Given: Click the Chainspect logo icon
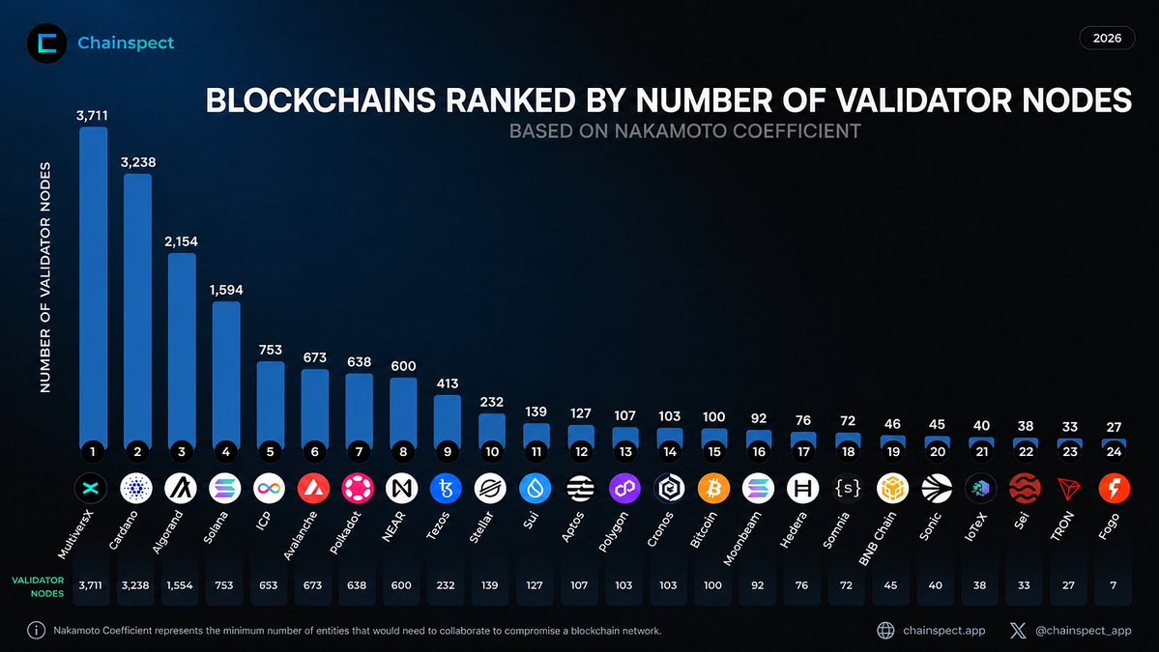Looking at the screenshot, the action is [46, 43].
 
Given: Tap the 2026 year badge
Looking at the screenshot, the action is [1107, 38].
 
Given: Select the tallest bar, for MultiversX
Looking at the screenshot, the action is [93, 287].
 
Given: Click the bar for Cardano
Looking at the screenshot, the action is [137, 311].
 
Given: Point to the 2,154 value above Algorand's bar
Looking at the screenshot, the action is [181, 241].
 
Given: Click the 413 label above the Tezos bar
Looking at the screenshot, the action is [448, 383].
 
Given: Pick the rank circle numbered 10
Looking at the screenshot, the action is [492, 451].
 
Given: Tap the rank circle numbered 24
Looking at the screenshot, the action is [1114, 451].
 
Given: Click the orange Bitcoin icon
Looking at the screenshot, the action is [713, 488].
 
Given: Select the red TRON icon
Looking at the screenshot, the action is [1069, 488].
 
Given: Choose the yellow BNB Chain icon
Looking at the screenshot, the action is [892, 488].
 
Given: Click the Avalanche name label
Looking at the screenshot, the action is [301, 534].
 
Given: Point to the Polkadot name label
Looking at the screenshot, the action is [345, 532].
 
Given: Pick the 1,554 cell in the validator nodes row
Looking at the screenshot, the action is [180, 584].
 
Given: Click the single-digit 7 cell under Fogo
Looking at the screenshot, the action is [1114, 584].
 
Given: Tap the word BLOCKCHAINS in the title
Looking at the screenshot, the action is [321, 100].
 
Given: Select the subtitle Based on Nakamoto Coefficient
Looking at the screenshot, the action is [685, 131].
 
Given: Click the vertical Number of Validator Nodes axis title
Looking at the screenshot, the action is [45, 277].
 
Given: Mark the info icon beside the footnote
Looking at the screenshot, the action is [36, 630].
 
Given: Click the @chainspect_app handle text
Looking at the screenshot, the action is [1083, 631].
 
